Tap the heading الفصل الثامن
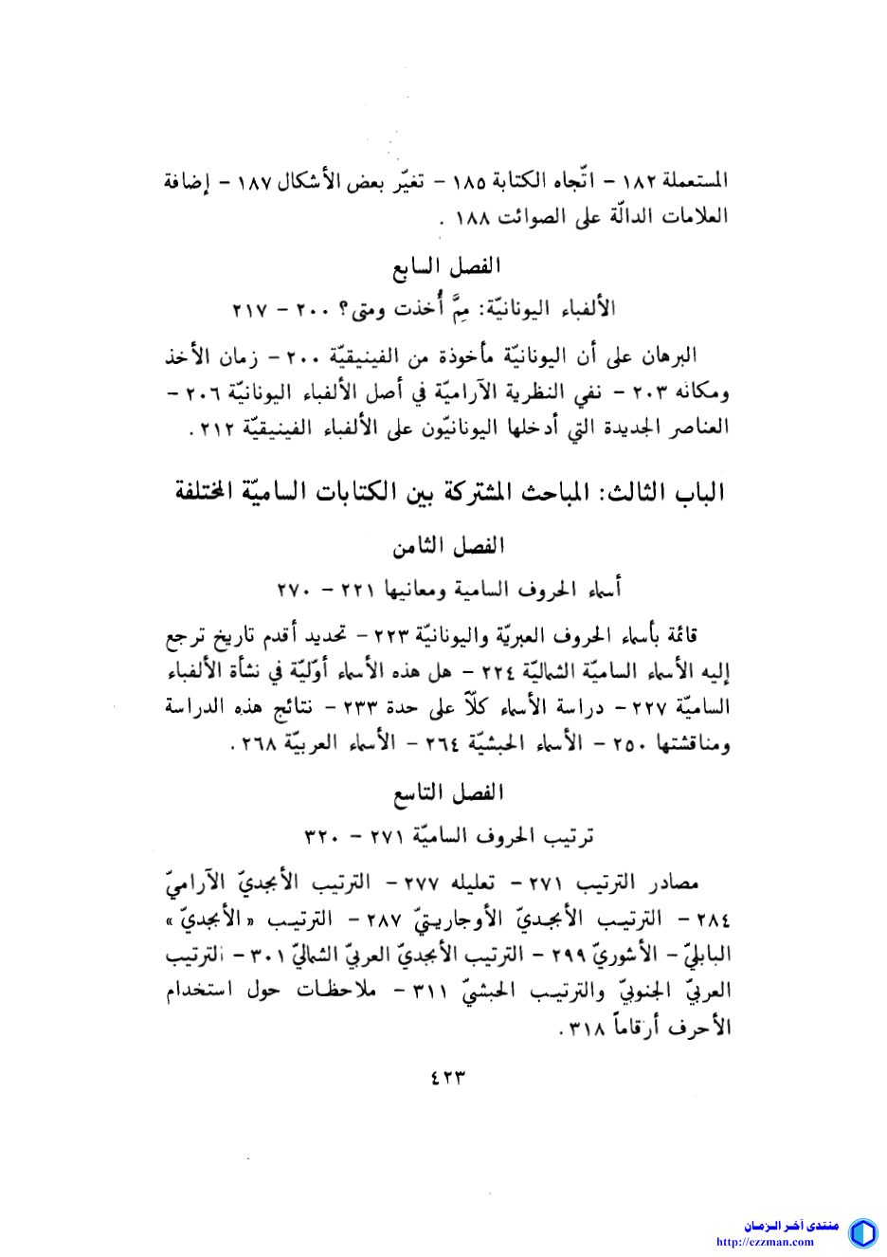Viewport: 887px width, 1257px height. [x=449, y=546]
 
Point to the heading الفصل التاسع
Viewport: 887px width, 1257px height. [x=449, y=792]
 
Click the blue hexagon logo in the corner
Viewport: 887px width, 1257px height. [x=862, y=1232]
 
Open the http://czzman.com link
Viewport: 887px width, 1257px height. [x=765, y=1242]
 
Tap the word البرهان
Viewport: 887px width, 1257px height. [x=671, y=355]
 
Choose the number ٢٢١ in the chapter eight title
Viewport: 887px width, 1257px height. [x=360, y=590]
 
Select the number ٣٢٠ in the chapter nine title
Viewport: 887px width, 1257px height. [x=322, y=836]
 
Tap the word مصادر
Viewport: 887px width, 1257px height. [x=674, y=884]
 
